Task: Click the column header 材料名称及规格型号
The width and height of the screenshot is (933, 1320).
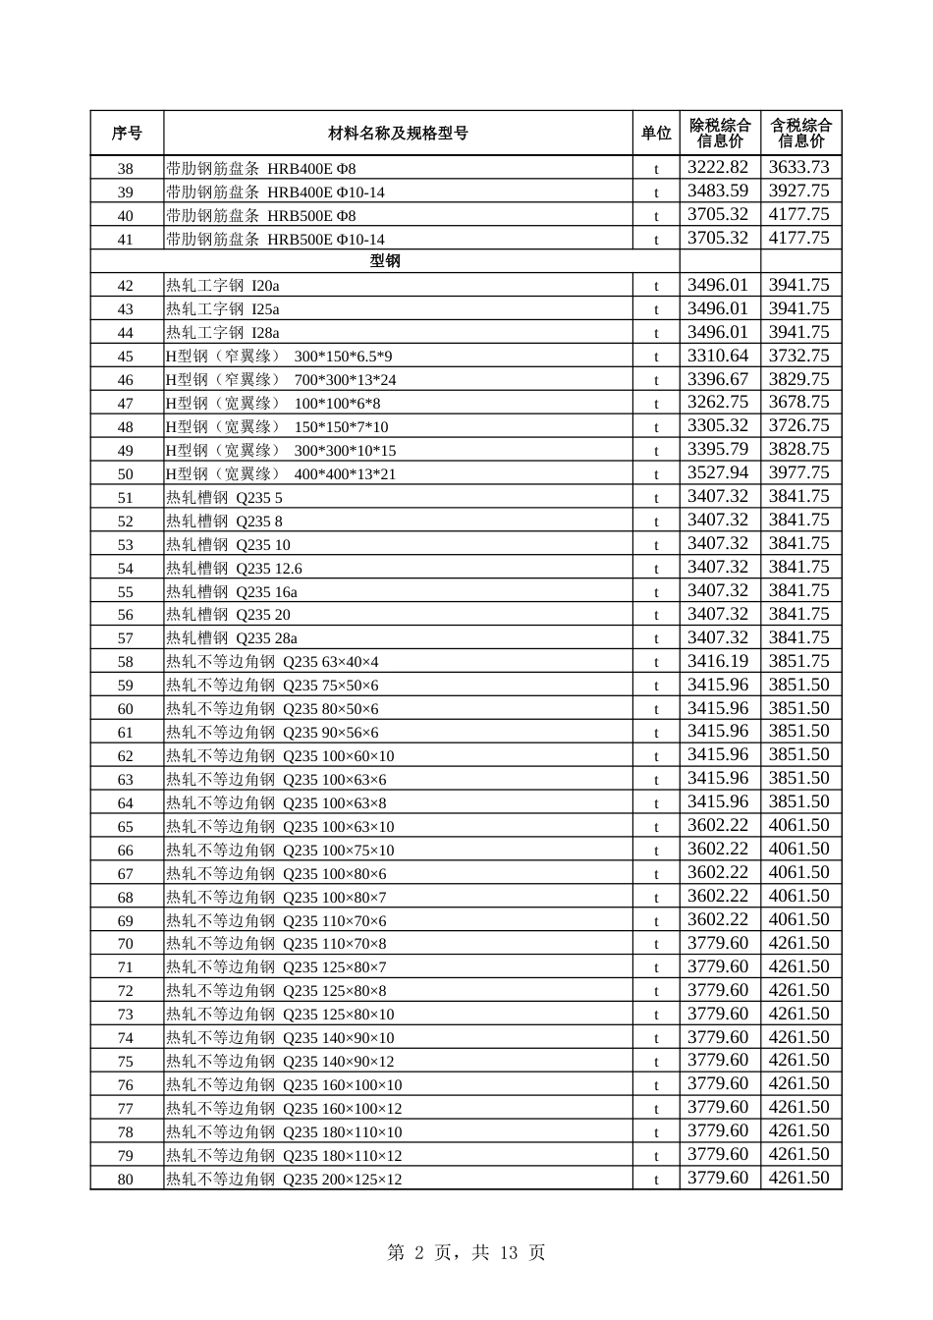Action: (x=398, y=134)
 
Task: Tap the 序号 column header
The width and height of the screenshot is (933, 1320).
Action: (x=127, y=134)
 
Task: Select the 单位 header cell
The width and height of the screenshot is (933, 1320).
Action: (x=656, y=134)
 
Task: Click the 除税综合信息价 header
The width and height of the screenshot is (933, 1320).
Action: (x=720, y=133)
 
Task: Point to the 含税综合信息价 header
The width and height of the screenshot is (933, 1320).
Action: (x=800, y=133)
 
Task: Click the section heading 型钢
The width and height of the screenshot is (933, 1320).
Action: (x=385, y=261)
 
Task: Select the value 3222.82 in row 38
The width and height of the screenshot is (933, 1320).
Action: (x=718, y=168)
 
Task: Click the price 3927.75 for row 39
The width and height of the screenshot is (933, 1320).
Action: (x=798, y=192)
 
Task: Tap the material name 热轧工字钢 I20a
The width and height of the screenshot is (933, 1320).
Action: (x=223, y=286)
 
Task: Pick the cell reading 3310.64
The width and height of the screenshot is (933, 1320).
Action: (x=718, y=356)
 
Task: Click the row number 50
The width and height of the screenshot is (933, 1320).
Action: (x=126, y=474)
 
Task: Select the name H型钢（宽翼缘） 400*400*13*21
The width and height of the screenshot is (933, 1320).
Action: (x=281, y=474)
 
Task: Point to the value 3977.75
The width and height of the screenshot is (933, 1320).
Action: (x=798, y=473)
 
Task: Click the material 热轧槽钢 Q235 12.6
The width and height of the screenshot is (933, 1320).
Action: (x=234, y=569)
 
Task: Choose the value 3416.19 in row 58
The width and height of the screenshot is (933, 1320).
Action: (x=718, y=661)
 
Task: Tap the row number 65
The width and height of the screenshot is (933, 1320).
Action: (x=126, y=827)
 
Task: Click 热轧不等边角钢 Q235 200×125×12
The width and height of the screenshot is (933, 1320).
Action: (x=284, y=1180)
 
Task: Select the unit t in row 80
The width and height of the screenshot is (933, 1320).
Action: (x=656, y=1180)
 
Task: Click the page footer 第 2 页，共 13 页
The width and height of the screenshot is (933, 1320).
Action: (x=466, y=1252)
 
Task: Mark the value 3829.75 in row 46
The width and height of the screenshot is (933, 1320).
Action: (x=798, y=379)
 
